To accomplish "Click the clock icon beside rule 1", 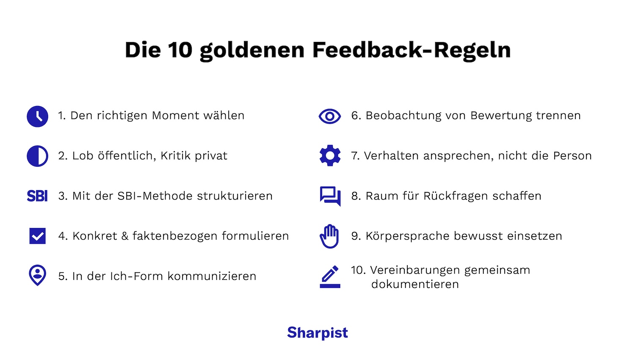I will [x=38, y=116].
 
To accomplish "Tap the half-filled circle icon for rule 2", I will [x=38, y=156].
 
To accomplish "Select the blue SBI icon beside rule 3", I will [x=37, y=196].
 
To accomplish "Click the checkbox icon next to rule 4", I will [x=38, y=236].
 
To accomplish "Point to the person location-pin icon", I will [x=38, y=275].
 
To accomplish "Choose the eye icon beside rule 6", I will [x=330, y=116].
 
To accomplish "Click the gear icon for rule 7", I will [x=330, y=156].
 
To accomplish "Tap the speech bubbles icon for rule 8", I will [x=330, y=196].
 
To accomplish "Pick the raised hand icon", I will [x=330, y=236].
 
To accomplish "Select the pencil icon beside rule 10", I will [x=330, y=277].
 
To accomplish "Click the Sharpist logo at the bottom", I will [x=317, y=333].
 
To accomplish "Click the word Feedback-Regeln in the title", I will [x=411, y=50].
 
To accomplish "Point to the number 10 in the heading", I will [x=180, y=50].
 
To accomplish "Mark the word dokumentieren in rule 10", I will [x=415, y=284].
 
